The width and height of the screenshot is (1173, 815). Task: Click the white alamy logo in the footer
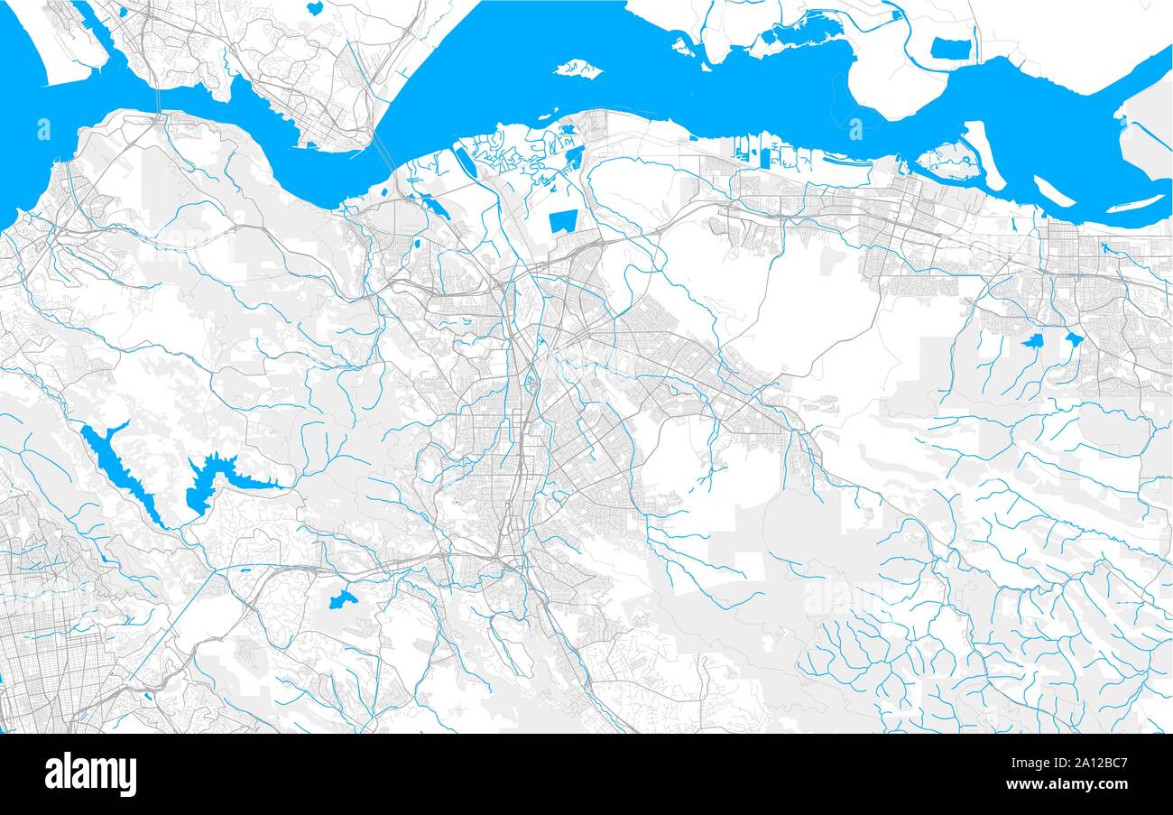point(90,774)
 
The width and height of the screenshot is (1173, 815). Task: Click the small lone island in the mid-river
point(577,69)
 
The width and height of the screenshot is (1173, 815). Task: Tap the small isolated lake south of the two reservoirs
point(340,598)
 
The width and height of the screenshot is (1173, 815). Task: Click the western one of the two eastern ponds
point(1032,342)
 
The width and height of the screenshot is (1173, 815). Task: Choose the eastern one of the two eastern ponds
point(1073,339)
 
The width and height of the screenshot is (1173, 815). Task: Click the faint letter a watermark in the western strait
point(44,128)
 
